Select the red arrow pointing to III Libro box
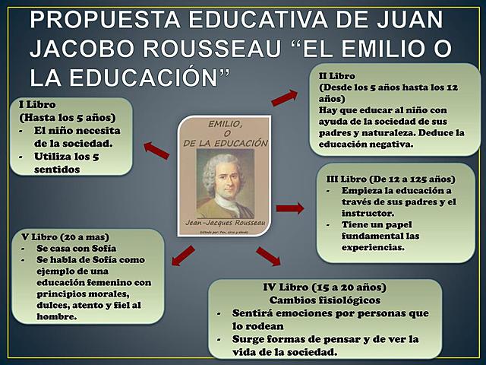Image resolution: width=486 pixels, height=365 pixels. [x=289, y=208]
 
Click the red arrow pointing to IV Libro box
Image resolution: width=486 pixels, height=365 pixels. [x=268, y=256]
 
